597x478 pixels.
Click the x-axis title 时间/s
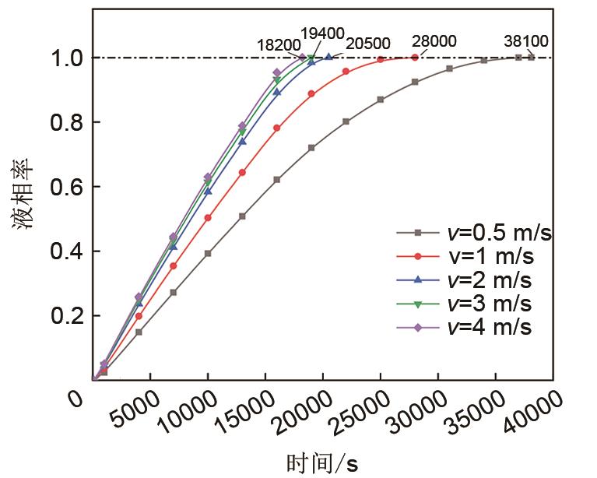321,462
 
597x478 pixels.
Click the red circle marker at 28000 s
414,58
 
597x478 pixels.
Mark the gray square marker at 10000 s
208,253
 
